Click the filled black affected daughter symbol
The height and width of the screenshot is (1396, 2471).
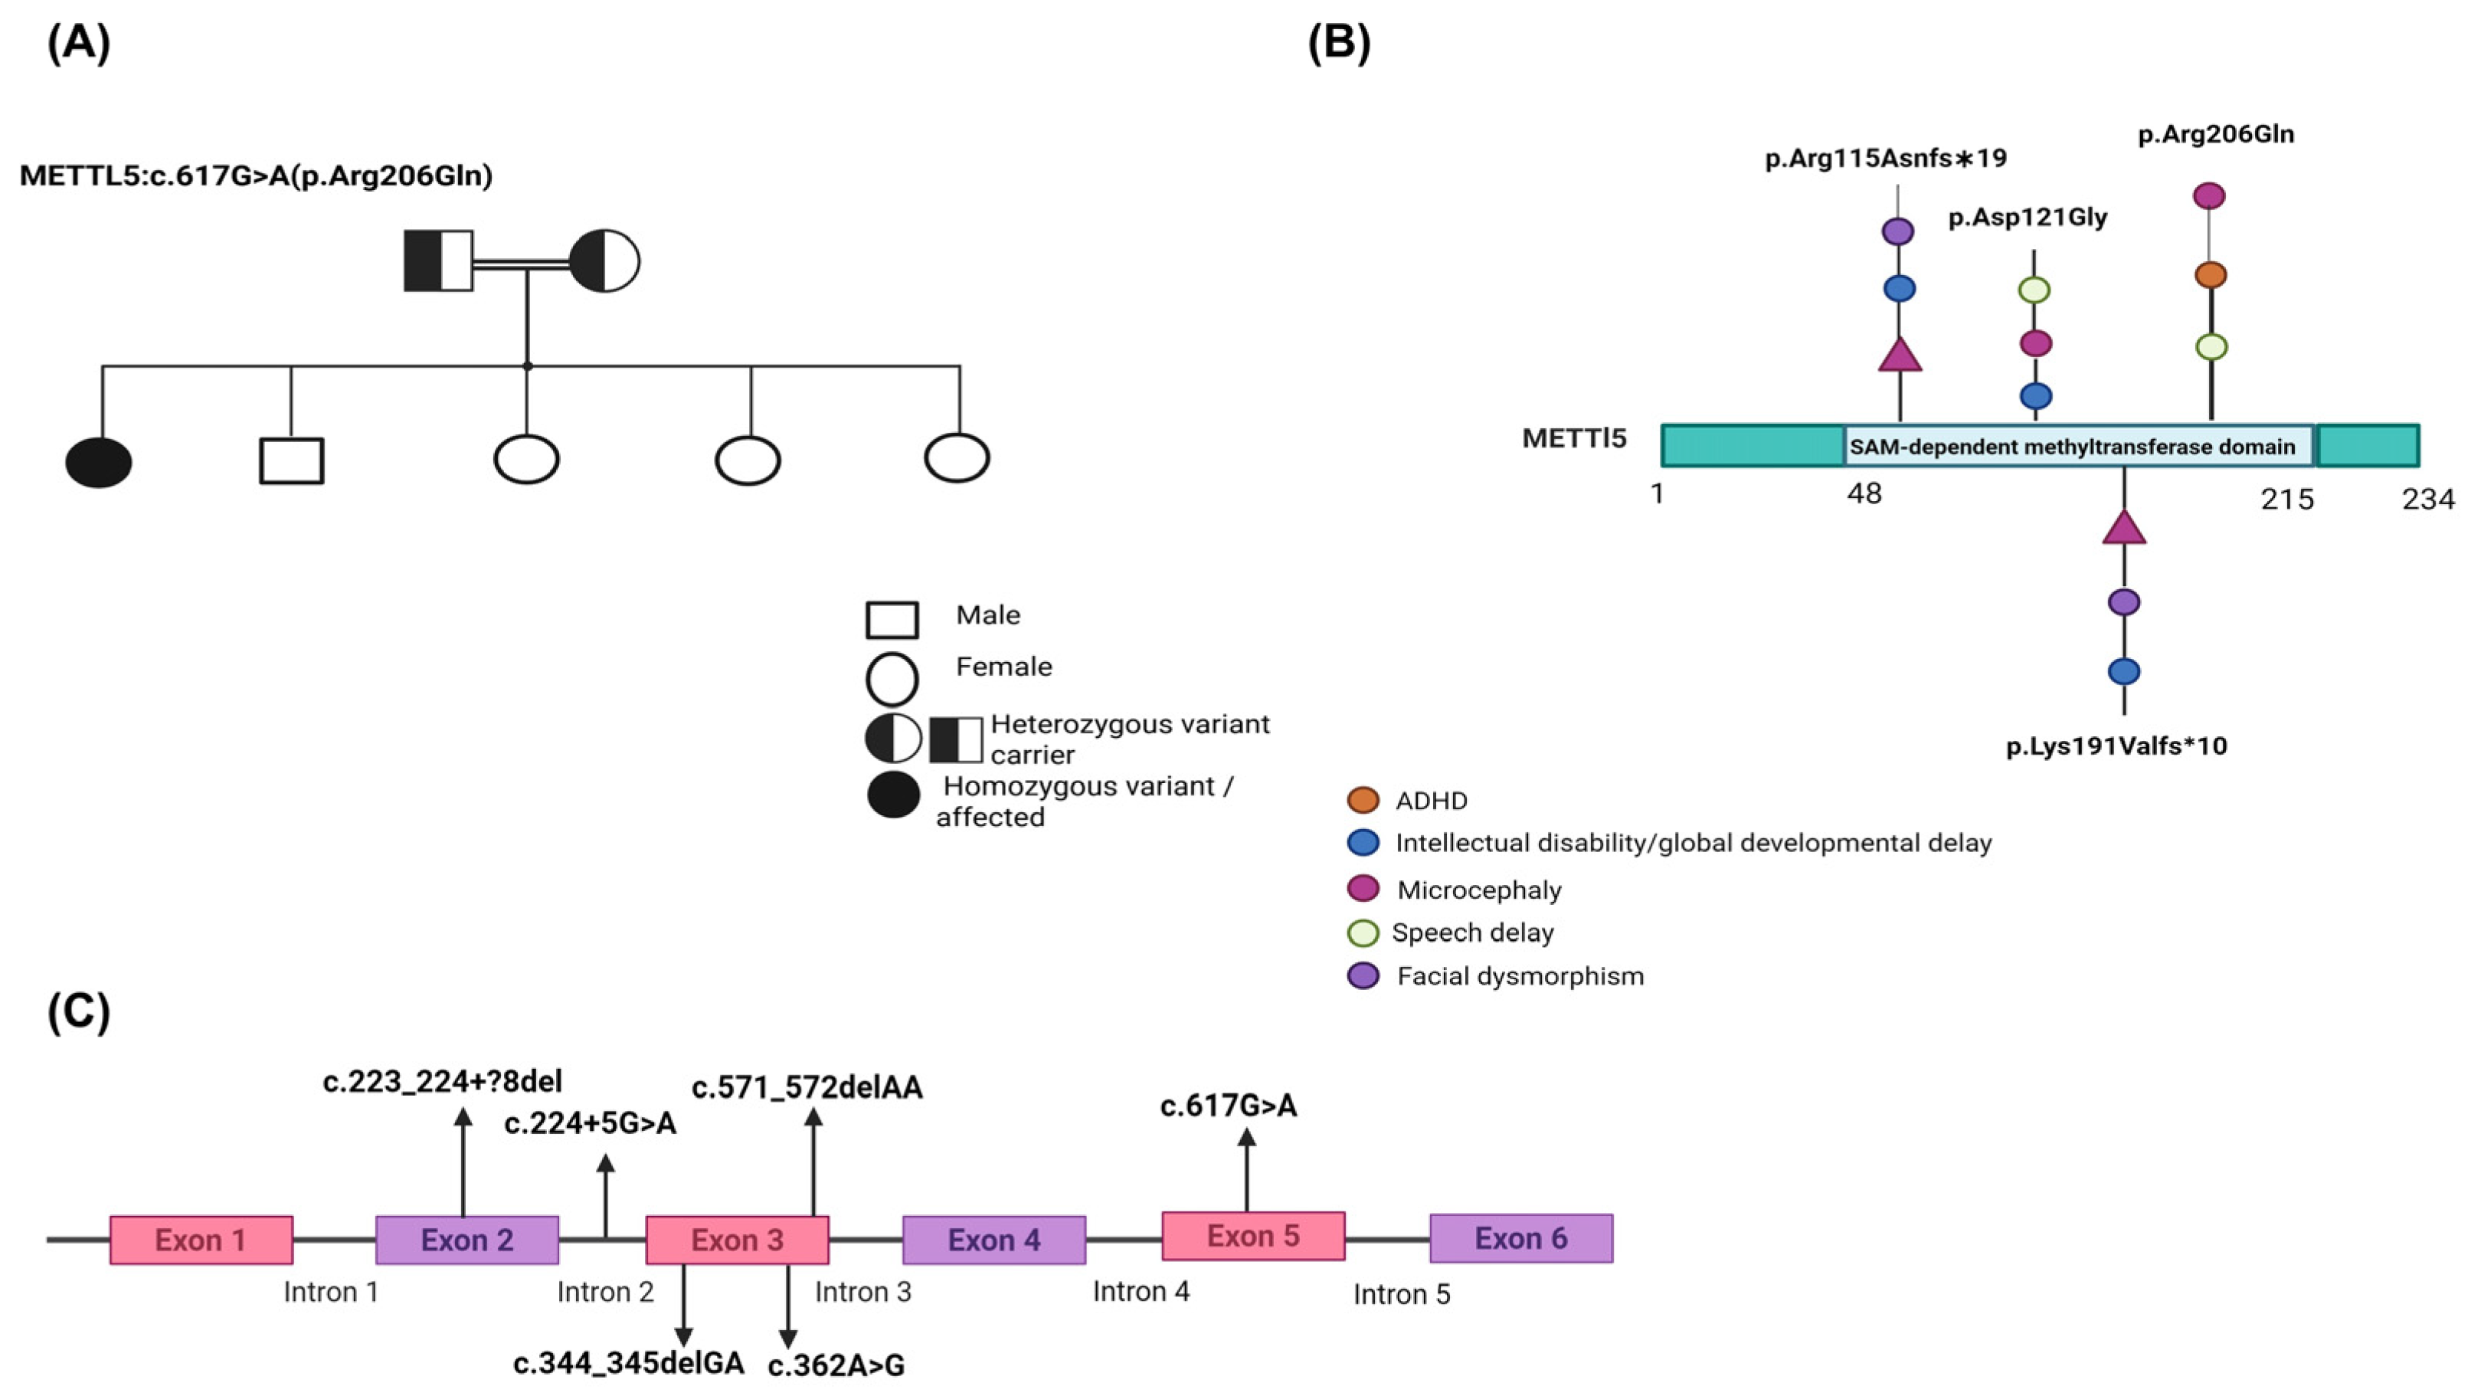click(99, 463)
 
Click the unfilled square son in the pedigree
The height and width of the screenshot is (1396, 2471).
click(292, 460)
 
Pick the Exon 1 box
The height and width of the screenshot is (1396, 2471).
click(201, 1240)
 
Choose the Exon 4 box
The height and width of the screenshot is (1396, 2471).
click(993, 1240)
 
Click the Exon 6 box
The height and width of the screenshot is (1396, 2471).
click(1520, 1237)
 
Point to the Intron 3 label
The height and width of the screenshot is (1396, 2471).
click(863, 1293)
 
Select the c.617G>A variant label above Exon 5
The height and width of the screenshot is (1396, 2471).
click(1229, 1106)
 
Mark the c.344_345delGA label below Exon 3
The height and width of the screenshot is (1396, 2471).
click(630, 1363)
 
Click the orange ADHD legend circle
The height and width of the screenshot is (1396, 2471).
click(1363, 800)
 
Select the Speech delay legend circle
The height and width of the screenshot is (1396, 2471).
click(1363, 932)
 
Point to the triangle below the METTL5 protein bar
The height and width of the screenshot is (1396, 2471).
click(2124, 529)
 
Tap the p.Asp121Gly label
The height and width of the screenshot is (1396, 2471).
click(2028, 218)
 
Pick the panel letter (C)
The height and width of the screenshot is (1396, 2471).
click(79, 1011)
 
